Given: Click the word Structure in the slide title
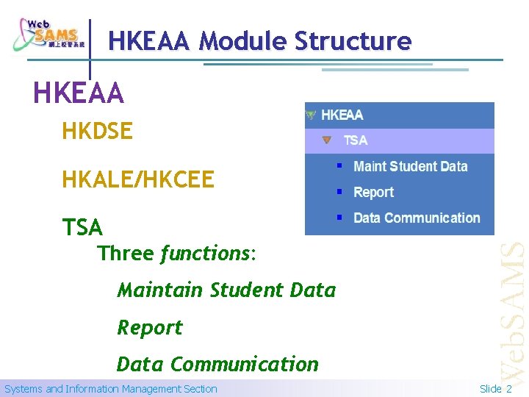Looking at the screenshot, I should click(353, 41).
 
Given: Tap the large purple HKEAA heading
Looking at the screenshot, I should click(79, 93).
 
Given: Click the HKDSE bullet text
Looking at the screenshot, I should click(97, 132).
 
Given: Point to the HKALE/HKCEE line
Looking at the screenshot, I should click(138, 179).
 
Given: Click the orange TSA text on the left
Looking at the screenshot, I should click(82, 227).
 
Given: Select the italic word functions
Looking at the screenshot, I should click(206, 254).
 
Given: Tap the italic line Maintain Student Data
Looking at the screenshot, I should click(226, 290).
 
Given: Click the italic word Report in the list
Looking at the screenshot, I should click(150, 327).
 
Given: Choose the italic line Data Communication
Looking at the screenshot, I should click(217, 364).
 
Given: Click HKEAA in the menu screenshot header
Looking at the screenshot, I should click(342, 115).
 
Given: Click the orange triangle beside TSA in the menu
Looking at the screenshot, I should click(327, 140).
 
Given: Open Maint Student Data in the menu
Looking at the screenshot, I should click(410, 166).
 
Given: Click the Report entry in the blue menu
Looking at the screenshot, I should click(373, 192).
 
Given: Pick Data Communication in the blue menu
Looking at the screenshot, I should click(416, 218).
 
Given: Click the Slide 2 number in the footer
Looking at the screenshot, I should click(495, 389).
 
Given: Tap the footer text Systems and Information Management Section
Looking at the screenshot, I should click(111, 389).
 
